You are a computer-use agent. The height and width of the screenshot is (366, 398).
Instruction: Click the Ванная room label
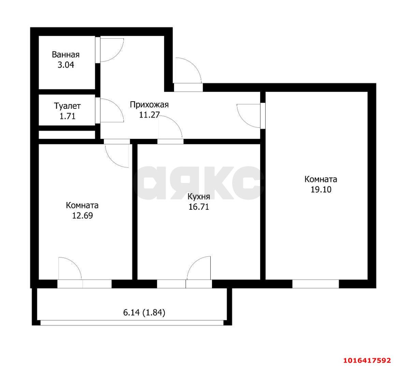coord(66,55)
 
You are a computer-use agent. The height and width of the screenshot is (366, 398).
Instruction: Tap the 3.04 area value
coord(66,65)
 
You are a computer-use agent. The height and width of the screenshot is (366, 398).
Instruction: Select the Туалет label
coord(67,106)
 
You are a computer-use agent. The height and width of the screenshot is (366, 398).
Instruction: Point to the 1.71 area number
coord(68,116)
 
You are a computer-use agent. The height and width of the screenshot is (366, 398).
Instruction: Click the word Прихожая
coord(149,104)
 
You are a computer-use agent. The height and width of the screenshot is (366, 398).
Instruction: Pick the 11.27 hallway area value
coord(149,115)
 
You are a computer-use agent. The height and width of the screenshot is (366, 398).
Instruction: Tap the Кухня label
coord(199,196)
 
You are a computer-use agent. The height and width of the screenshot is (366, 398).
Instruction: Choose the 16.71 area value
coord(199,207)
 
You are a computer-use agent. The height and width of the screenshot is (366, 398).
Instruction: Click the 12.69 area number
coord(83,216)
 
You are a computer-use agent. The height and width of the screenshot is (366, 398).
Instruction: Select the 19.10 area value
coord(321,189)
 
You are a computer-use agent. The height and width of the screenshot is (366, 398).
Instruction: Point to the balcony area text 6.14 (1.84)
coord(144,312)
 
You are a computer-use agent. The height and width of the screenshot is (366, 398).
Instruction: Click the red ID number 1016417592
coord(367,361)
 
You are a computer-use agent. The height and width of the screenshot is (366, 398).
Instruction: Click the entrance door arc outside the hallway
coord(195,65)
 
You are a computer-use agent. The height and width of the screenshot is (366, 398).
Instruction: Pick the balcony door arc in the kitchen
coord(194,263)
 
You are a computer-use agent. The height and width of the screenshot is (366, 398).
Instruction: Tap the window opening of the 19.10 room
coord(315,284)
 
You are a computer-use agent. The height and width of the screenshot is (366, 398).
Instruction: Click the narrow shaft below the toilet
coord(67,135)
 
